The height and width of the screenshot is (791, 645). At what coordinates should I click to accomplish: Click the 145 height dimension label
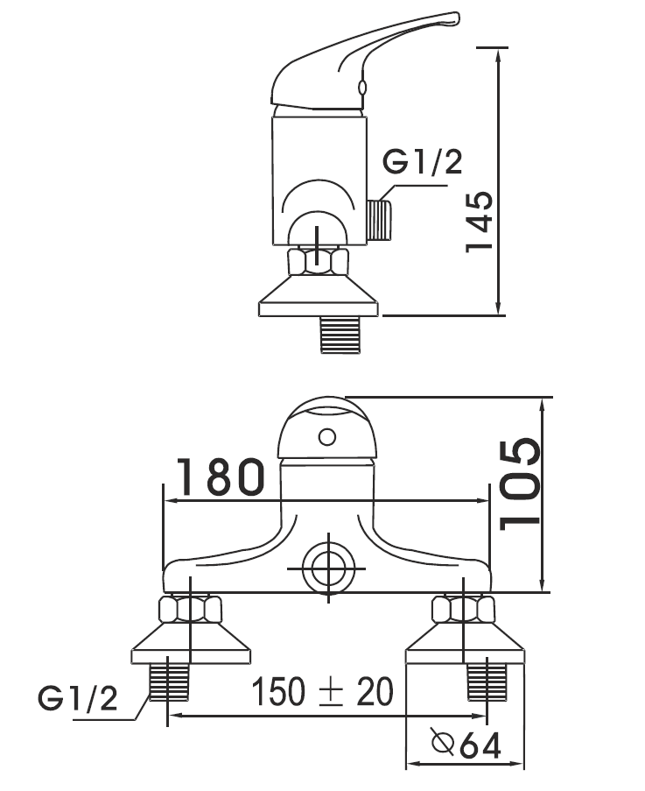tap(478, 221)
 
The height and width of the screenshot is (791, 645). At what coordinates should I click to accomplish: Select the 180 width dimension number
tap(221, 477)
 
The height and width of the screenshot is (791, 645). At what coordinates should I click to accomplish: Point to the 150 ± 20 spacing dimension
tap(322, 692)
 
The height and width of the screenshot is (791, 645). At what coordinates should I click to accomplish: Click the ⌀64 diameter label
tap(466, 744)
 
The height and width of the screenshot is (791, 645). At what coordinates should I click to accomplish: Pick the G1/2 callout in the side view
tap(423, 162)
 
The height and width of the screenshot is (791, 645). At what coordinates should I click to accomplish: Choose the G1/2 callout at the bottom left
tap(78, 698)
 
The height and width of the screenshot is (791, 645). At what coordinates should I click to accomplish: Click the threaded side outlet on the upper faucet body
tap(380, 220)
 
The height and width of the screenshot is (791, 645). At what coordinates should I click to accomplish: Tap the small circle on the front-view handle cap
tap(327, 437)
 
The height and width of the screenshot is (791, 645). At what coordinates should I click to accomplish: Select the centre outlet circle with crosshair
tap(328, 569)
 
